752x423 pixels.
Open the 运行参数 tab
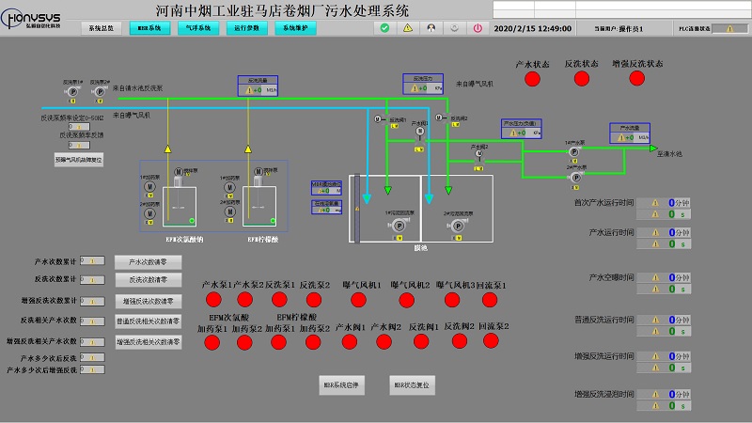[x=247, y=28]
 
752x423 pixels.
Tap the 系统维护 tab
[x=296, y=28]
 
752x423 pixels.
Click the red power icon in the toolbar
[x=478, y=28]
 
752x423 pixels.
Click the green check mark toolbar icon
[x=385, y=28]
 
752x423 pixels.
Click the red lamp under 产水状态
[x=533, y=79]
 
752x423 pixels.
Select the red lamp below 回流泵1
[x=491, y=300]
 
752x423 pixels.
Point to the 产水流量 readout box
[x=630, y=133]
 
